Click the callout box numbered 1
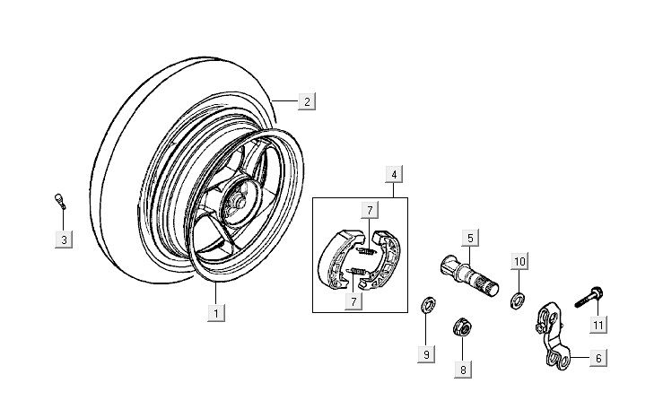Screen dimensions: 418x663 click(x=214, y=313)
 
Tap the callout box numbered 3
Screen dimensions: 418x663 click(x=64, y=239)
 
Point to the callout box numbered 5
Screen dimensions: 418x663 click(x=469, y=238)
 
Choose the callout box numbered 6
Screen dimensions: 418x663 click(x=598, y=357)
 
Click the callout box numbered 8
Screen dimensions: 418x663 click(x=464, y=368)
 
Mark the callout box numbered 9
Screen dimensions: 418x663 click(x=428, y=354)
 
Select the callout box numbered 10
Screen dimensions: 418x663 click(x=519, y=261)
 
